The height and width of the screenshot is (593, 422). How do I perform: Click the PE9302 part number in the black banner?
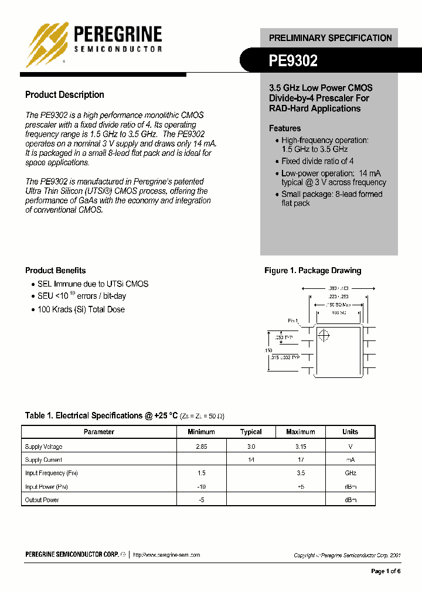[293, 60]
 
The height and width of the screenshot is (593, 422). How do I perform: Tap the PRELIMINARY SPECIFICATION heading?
[330, 38]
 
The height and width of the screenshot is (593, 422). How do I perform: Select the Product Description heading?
[64, 95]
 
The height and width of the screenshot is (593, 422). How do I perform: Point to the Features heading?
[285, 128]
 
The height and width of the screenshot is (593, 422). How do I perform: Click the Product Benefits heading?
[55, 271]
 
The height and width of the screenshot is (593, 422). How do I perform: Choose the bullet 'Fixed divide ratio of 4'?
[317, 161]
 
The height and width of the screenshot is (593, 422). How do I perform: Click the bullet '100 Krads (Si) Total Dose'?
[81, 309]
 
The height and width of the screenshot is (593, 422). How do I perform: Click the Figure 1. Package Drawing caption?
[312, 271]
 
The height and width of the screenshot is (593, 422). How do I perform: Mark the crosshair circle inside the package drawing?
[324, 336]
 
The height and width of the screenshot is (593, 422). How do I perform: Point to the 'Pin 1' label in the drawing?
[293, 321]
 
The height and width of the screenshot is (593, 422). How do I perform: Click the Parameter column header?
[99, 432]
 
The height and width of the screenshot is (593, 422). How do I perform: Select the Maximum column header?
[300, 432]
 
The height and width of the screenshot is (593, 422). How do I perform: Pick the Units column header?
[350, 432]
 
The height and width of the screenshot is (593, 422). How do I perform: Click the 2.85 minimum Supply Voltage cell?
[201, 447]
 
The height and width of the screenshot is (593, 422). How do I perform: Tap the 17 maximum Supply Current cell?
[300, 460]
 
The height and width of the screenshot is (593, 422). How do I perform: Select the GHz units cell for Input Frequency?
[350, 473]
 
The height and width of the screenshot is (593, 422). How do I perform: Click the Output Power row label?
[42, 500]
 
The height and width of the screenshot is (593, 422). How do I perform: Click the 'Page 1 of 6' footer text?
[386, 571]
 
